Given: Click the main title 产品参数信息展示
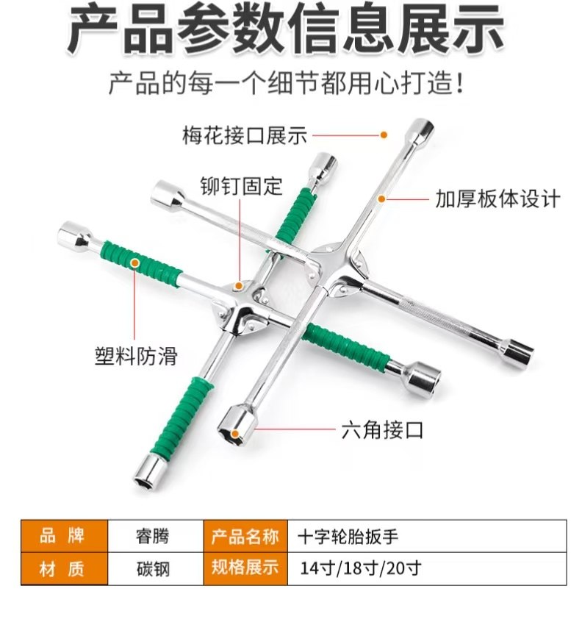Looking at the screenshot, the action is click(x=287, y=29).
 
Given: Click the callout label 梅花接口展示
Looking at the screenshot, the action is click(x=244, y=135).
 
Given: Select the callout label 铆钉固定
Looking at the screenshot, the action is click(x=241, y=186).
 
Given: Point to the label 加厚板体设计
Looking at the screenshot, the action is click(x=497, y=199).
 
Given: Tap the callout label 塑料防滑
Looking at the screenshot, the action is click(x=136, y=355).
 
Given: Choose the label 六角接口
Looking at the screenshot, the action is click(x=383, y=429).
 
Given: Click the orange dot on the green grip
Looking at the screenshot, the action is click(x=134, y=262).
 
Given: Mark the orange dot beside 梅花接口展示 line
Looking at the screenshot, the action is click(x=384, y=135).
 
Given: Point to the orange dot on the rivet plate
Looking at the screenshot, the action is click(x=239, y=285).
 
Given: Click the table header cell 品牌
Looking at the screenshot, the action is click(x=64, y=536).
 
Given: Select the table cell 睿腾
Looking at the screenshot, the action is click(x=153, y=536).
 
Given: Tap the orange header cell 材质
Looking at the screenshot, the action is click(x=64, y=569).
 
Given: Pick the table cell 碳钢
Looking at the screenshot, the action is click(x=153, y=569).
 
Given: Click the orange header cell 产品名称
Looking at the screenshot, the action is click(x=245, y=536).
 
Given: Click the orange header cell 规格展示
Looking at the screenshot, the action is click(x=245, y=568).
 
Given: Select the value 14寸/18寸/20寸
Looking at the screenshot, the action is click(x=360, y=569).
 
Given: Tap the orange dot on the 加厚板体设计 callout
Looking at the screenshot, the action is click(x=381, y=199).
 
